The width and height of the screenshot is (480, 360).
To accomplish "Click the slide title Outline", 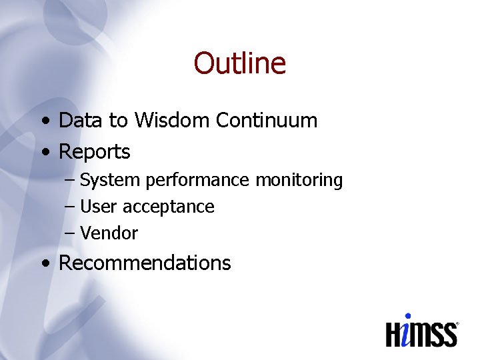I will point(240,64).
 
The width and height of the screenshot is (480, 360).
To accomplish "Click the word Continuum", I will point(267,121).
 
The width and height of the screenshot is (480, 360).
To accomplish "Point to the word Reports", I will point(95,153).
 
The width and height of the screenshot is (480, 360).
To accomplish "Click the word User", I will point(98,207).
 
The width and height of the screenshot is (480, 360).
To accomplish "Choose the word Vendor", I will point(109,233).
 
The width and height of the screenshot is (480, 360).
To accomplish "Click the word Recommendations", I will point(145,263).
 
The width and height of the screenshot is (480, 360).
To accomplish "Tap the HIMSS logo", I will point(422,331).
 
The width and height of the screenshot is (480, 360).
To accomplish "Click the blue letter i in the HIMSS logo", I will point(407,331).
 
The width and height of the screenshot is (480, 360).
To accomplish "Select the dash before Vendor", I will point(70,234).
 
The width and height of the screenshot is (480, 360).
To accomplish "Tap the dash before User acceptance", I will point(70,207).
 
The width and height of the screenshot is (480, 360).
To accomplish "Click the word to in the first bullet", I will point(118,121).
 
